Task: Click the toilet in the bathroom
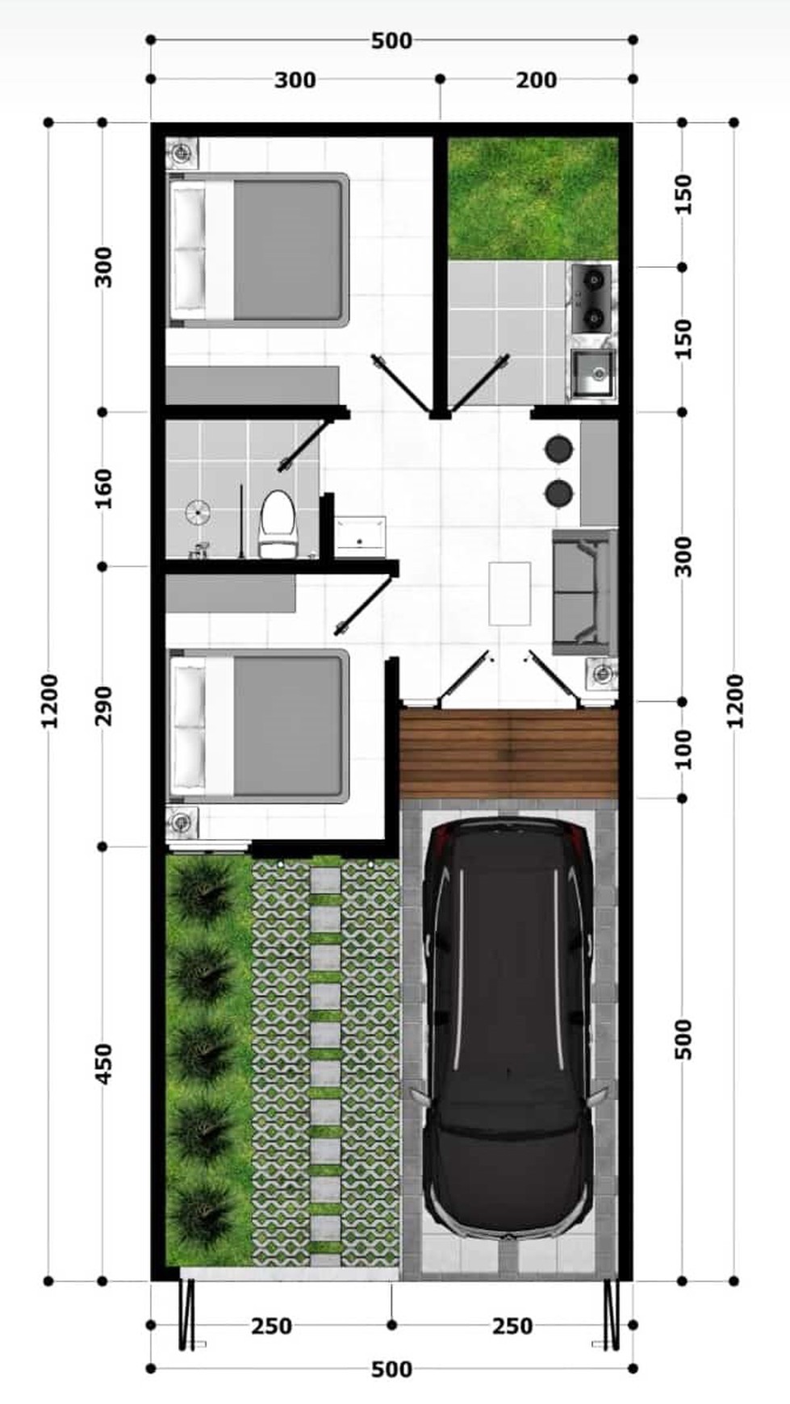click(278, 522)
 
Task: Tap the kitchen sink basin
click(593, 373)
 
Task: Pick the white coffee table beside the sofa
click(509, 593)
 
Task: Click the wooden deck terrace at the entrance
click(508, 753)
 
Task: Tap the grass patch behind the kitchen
click(533, 198)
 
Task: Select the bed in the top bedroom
click(259, 249)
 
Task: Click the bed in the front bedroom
click(259, 725)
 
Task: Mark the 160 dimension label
click(104, 489)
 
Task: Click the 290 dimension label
click(104, 706)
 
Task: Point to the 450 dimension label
click(104, 1063)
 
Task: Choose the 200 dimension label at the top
click(537, 80)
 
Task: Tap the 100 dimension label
click(683, 749)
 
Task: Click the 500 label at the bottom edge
click(391, 1369)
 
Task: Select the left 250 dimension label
click(271, 1327)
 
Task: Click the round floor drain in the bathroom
click(198, 512)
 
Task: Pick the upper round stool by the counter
click(559, 449)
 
